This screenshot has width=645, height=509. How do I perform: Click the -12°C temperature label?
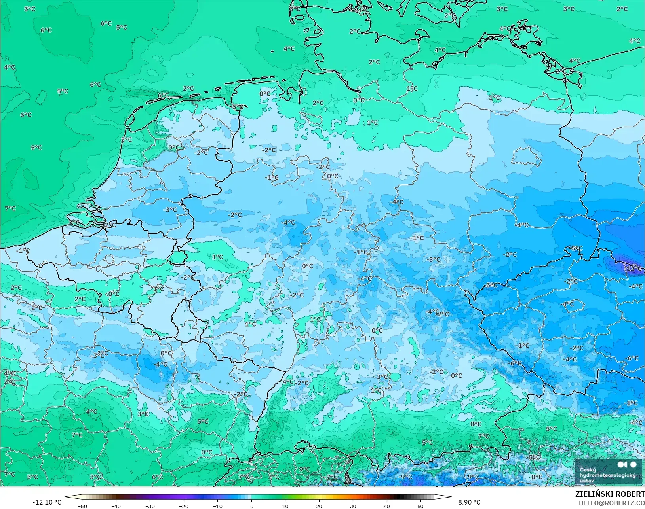(x=633, y=269)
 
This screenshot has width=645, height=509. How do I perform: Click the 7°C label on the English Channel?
(x=10, y=208)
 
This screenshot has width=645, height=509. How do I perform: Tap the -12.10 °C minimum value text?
(x=47, y=502)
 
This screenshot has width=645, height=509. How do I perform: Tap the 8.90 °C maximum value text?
(x=469, y=502)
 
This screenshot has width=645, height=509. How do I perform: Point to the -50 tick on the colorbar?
(x=82, y=506)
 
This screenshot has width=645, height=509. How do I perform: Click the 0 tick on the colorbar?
(x=251, y=506)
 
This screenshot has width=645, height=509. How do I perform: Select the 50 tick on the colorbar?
(x=420, y=506)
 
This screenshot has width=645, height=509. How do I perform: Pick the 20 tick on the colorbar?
(x=319, y=506)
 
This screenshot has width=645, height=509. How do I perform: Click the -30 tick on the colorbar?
(x=150, y=506)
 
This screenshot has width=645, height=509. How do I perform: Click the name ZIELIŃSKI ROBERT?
(x=609, y=494)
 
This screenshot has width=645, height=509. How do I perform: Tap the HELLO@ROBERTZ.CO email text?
(x=611, y=503)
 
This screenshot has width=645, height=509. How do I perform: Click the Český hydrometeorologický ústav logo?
(x=607, y=471)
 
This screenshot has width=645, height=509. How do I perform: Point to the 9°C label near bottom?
(x=304, y=469)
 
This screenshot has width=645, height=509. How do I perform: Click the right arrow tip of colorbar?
(x=451, y=497)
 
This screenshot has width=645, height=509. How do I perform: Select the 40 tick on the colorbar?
(x=386, y=506)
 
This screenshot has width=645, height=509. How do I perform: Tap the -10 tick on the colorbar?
(x=218, y=506)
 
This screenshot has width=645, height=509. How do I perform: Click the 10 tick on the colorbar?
(x=285, y=506)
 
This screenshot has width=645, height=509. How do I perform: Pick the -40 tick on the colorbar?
(x=116, y=506)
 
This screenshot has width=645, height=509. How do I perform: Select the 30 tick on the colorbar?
(x=353, y=506)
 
